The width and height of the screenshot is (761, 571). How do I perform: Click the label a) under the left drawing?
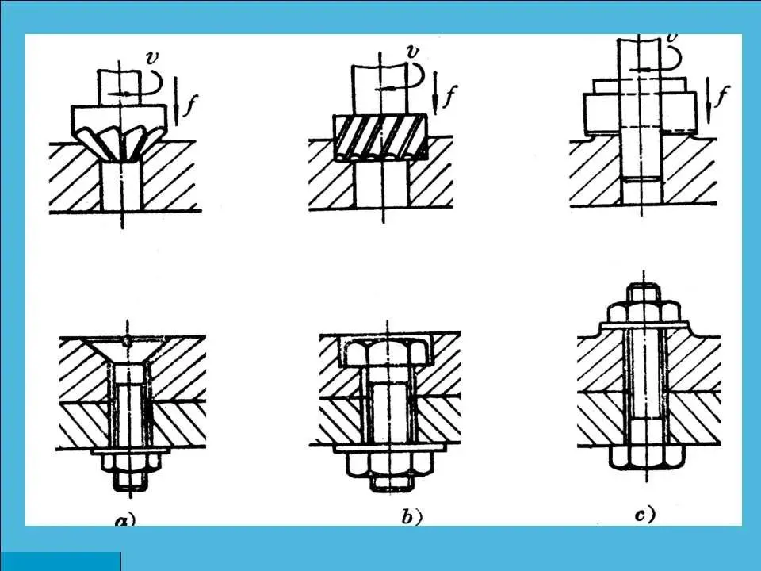click(125, 520)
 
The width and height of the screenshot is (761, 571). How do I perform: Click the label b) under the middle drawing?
click(411, 518)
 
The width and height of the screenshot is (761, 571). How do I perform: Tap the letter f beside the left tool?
click(189, 105)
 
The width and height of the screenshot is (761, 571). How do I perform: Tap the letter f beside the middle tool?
click(449, 98)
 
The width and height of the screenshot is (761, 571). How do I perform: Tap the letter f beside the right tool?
click(721, 98)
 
